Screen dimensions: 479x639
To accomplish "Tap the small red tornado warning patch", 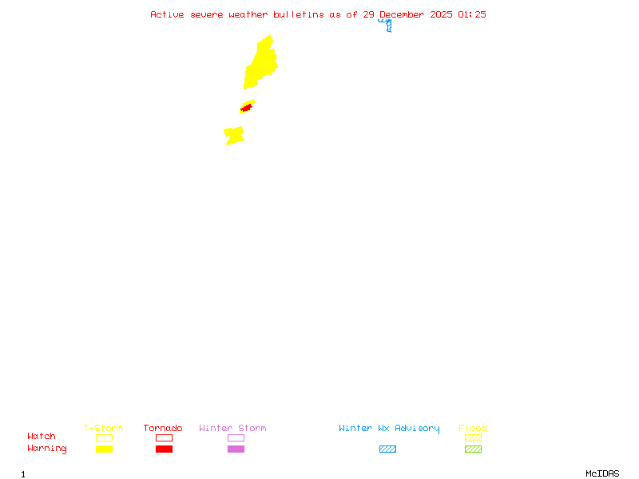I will point(247,107).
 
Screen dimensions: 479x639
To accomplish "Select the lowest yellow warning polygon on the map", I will point(234,136).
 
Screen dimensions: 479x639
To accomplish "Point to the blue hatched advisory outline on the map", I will point(388,26).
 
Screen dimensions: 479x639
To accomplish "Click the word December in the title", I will point(403,14).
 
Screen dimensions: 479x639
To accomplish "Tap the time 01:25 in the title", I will point(472,14).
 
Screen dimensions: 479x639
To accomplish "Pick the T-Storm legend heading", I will point(103,428).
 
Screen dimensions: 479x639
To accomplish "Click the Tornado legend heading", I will point(163,428).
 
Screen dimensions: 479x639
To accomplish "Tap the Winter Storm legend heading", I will point(232,428).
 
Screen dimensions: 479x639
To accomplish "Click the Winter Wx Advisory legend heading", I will point(389,428).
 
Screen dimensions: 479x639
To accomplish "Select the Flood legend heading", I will point(473,428).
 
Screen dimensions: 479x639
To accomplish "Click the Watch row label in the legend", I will point(42,437).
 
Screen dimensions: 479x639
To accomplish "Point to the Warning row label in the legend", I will point(47,449).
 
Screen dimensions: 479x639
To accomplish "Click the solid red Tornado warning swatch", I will point(164,449).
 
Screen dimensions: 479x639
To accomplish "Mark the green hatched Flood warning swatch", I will point(473,449).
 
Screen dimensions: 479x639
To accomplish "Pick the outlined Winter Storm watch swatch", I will point(236,437).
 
